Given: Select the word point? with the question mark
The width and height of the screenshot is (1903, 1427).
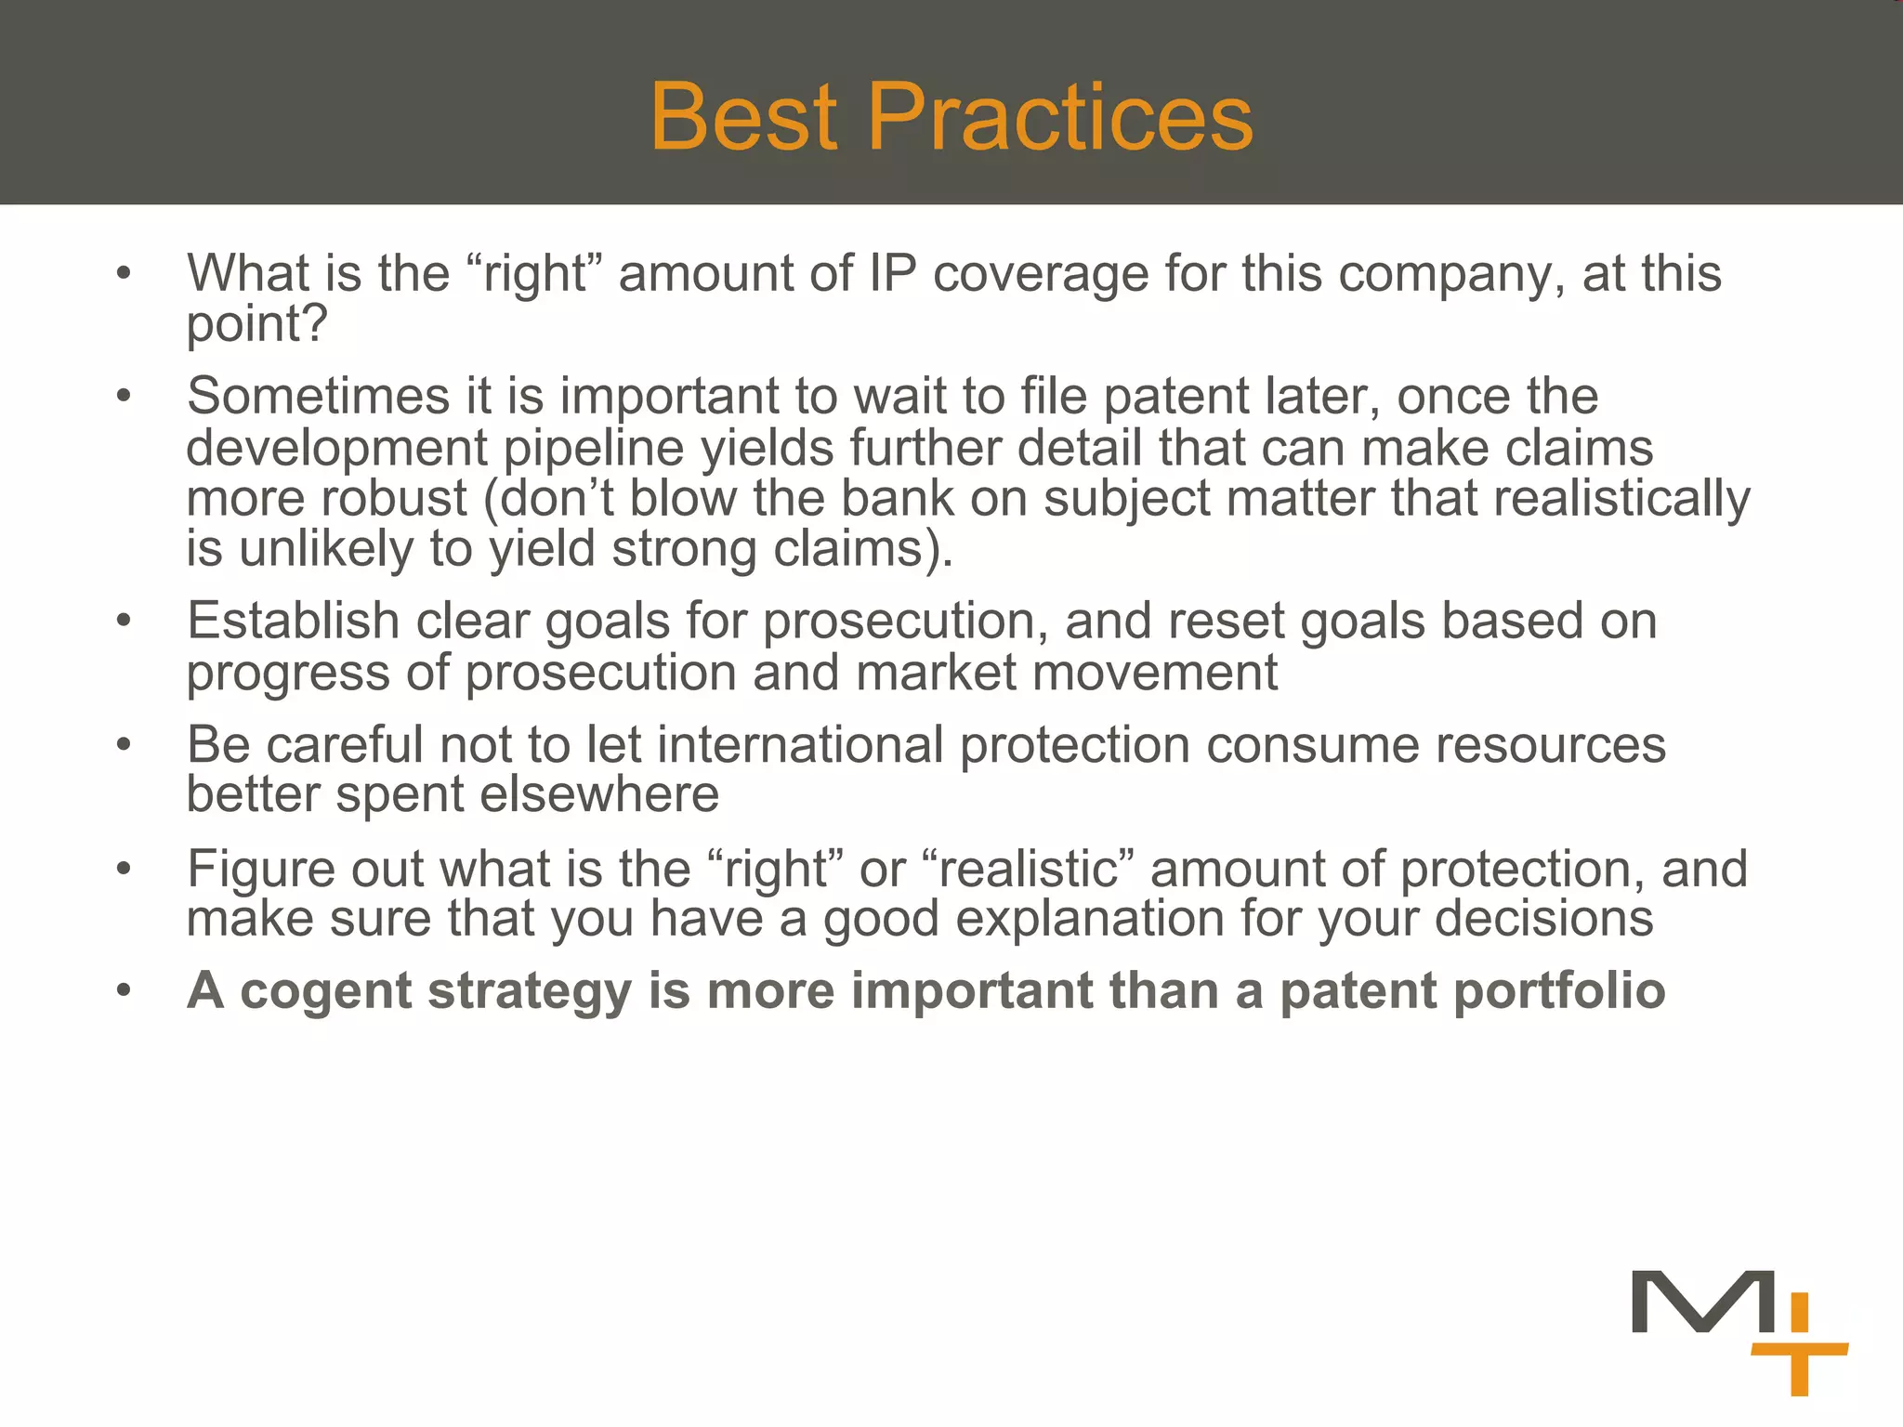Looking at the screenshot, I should (x=257, y=324).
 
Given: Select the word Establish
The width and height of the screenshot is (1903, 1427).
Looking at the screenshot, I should (x=293, y=621).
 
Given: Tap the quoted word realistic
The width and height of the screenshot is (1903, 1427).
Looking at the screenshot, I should (x=1029, y=870).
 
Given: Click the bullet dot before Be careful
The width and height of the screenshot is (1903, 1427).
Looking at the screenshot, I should (x=124, y=745).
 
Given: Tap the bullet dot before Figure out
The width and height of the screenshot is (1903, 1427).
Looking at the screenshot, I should (x=124, y=870).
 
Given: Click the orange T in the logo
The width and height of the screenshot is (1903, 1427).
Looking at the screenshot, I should (x=1799, y=1367).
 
